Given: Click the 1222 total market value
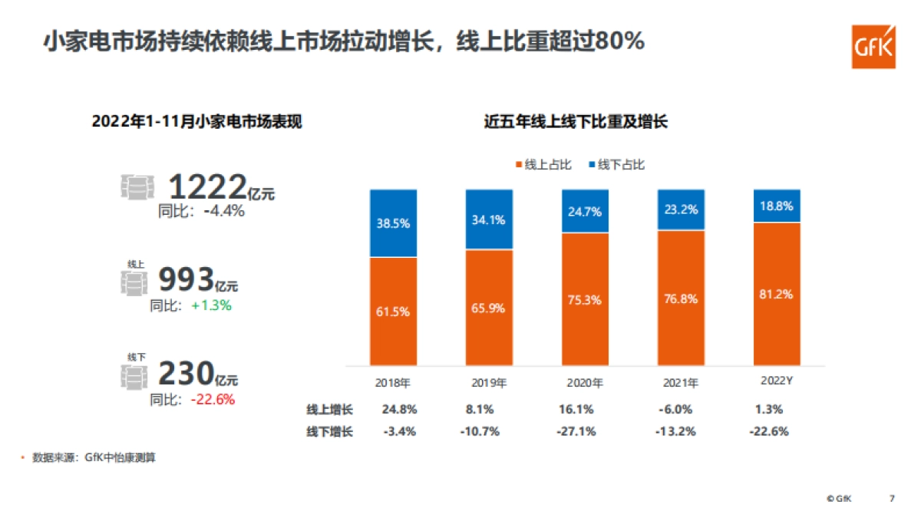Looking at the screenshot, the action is pyautogui.click(x=207, y=187).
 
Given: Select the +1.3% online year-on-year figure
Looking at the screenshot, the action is pyautogui.click(x=211, y=305).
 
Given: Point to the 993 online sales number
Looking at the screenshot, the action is pyautogui.click(x=185, y=282).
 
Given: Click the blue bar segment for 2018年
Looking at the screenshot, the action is pyautogui.click(x=393, y=223).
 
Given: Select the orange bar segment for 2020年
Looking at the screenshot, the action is pyautogui.click(x=585, y=299).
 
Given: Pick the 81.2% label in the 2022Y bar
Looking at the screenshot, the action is pyautogui.click(x=777, y=294).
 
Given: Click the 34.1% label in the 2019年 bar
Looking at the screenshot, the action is pyautogui.click(x=489, y=220).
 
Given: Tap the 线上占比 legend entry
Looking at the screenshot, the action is pyautogui.click(x=543, y=165).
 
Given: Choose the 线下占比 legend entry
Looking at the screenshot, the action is pyautogui.click(x=616, y=165).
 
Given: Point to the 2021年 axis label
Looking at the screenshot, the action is pyautogui.click(x=680, y=381).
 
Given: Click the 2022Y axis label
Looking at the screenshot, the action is pyautogui.click(x=776, y=381).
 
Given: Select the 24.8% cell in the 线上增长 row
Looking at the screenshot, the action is pyautogui.click(x=399, y=409).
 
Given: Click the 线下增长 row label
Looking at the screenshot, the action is pyautogui.click(x=329, y=431).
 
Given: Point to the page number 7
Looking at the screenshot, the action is pyautogui.click(x=891, y=498).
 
